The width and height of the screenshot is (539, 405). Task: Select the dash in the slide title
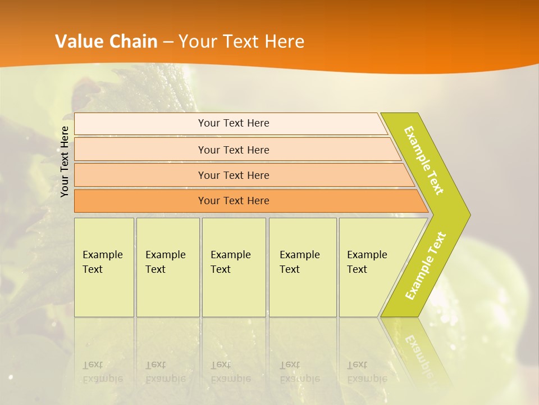tap(168, 42)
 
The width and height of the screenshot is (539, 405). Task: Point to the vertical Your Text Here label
tap(65, 161)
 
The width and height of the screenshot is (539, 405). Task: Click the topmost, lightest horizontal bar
tap(233, 123)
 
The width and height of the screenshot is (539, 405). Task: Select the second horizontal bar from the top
tap(233, 150)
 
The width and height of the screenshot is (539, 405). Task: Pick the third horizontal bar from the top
tap(233, 175)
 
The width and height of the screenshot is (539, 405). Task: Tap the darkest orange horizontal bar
tap(233, 201)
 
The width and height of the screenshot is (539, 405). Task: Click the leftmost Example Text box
tap(104, 267)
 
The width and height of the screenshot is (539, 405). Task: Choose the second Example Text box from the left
tap(168, 267)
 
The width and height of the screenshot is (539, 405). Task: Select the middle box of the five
tap(234, 267)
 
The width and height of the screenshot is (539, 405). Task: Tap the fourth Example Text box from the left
tap(303, 267)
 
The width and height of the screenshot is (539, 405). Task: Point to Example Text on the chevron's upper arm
tap(424, 160)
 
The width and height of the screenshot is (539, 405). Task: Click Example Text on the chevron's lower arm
tap(426, 266)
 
